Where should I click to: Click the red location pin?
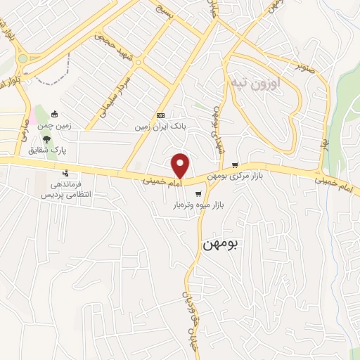pyautogui.click(x=181, y=165)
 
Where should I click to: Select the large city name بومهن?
pyautogui.click(x=220, y=244)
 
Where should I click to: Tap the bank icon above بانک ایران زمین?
pyautogui.click(x=160, y=115)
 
